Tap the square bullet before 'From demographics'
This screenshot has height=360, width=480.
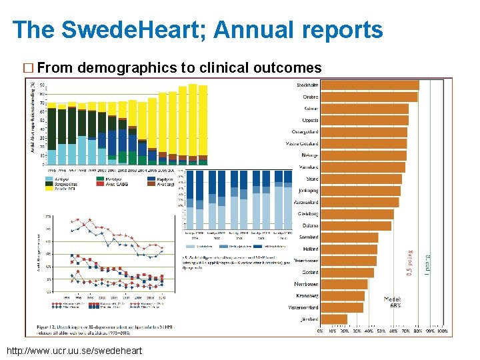click(28, 68)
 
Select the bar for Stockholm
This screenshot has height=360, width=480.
click(369, 85)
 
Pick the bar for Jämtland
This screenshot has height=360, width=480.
click(333, 319)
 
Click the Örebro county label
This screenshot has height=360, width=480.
click(307, 97)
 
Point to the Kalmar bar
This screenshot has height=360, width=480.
click(364, 109)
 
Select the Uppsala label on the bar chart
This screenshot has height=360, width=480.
click(310, 120)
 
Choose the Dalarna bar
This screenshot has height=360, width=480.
click(355, 225)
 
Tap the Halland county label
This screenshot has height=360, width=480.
click(309, 249)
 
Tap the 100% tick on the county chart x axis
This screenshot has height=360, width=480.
click(441, 331)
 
